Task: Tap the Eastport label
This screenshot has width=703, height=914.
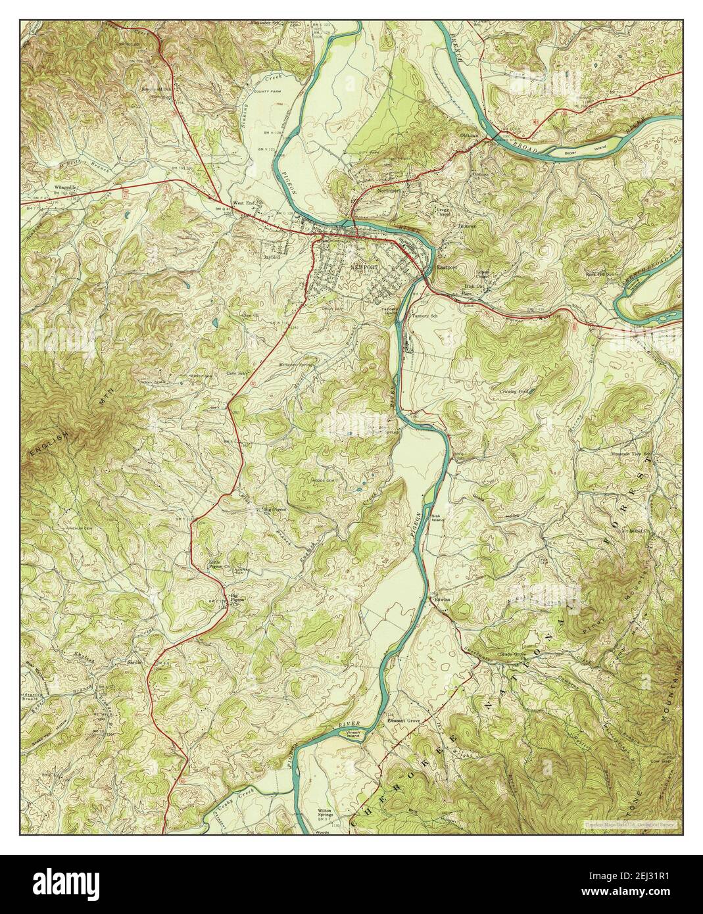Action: pos(447,268)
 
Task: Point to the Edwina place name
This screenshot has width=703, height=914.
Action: pos(441,600)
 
